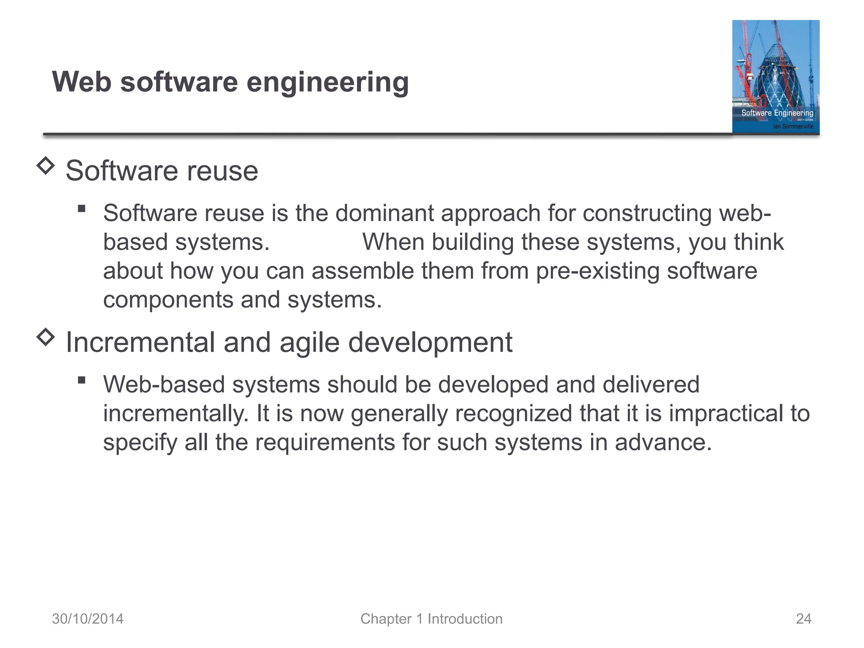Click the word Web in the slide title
pos(81,82)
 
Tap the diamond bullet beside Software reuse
pos(46,166)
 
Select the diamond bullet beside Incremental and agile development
pos(46,337)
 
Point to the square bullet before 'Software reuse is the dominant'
pos(82,208)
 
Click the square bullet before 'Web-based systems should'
pos(82,380)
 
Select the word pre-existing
pos(597,271)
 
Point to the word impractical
pos(726,413)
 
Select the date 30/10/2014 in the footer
pos(88,619)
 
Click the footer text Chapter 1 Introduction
pos(431,619)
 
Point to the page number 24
pos(803,619)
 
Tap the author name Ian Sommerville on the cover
pos(793,126)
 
